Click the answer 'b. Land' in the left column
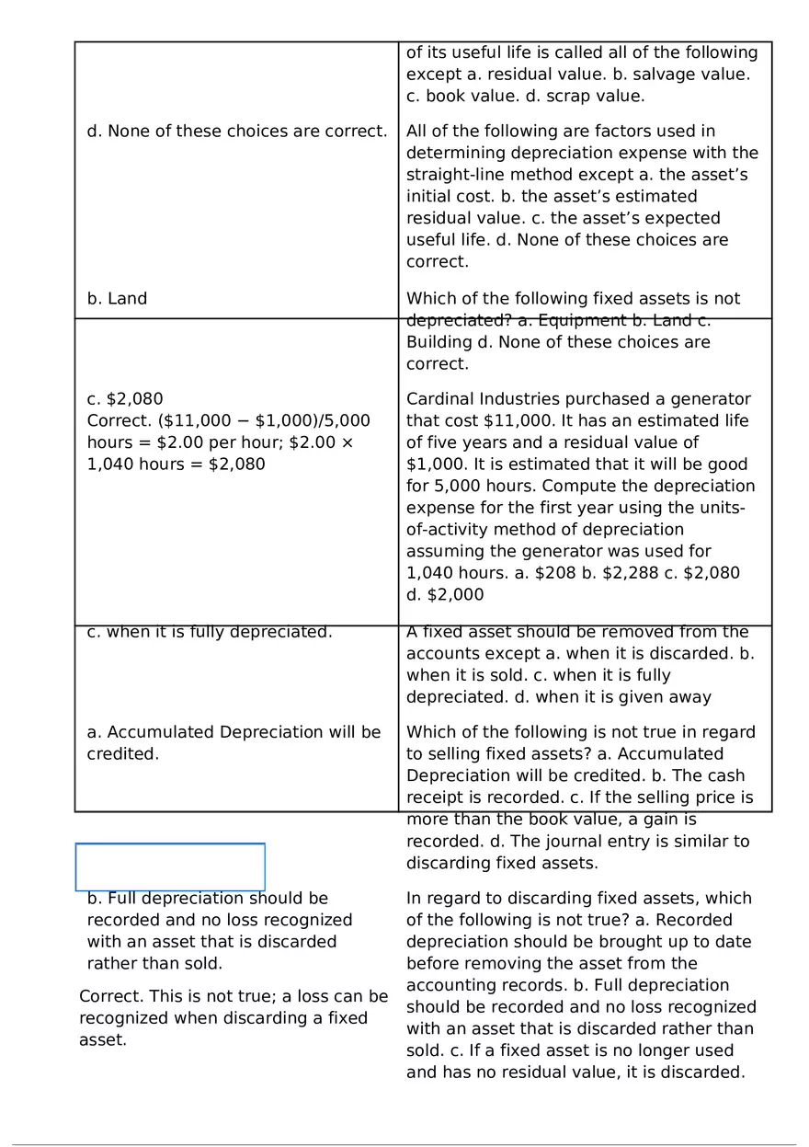(x=117, y=299)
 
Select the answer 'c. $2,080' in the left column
(x=125, y=399)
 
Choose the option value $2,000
(x=456, y=595)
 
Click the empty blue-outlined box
(x=170, y=866)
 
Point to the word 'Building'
(x=438, y=342)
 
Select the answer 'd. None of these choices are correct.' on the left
(x=237, y=132)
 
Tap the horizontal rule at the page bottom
(x=404, y=1145)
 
